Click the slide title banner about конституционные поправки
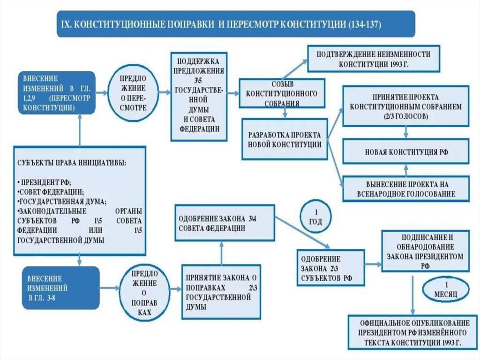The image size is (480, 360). point(235,24)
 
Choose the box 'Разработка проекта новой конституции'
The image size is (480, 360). point(284,139)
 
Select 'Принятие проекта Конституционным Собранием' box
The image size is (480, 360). point(405,106)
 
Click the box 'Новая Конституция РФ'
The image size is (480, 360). point(405,151)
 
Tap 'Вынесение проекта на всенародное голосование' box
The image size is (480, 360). point(405,188)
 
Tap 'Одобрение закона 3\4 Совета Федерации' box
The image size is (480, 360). point(224,223)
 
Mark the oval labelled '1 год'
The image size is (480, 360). point(315,217)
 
